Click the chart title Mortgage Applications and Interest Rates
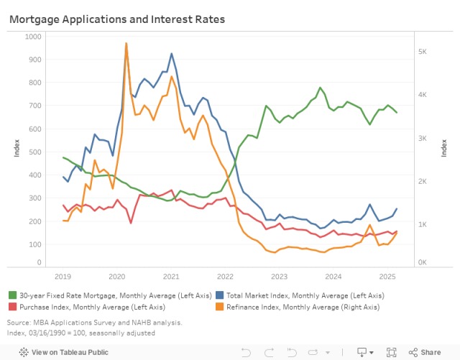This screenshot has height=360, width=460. [x=116, y=19]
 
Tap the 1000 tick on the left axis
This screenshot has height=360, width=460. [x=34, y=36]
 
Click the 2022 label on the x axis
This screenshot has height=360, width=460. [x=225, y=276]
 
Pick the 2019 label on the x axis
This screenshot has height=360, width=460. [x=63, y=276]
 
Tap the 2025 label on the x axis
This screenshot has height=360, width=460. [x=387, y=276]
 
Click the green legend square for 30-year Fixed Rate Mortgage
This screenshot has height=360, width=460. [x=13, y=295]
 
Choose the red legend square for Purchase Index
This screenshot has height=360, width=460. [x=13, y=307]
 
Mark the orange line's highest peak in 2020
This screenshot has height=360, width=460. [x=126, y=43]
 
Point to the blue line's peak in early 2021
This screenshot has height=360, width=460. [x=171, y=53]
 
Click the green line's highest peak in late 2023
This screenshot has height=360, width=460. [x=321, y=88]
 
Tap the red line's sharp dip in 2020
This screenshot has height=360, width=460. [x=131, y=223]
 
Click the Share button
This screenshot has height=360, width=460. [x=425, y=352]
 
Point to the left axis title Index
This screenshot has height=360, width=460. [x=17, y=149]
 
